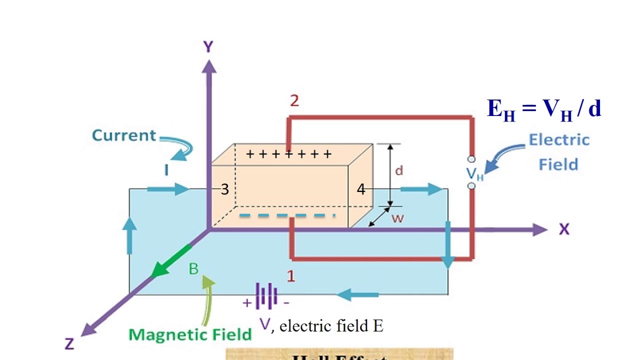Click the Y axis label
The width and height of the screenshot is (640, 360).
pyautogui.click(x=208, y=47)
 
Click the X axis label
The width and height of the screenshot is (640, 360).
pyautogui.click(x=564, y=229)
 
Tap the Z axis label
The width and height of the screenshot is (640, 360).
pyautogui.click(x=69, y=343)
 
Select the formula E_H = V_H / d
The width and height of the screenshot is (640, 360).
pyautogui.click(x=544, y=109)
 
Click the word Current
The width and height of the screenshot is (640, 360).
pyautogui.click(x=124, y=135)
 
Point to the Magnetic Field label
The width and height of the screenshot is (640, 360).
pyautogui.click(x=190, y=334)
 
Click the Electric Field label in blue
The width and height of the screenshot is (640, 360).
pyautogui.click(x=558, y=151)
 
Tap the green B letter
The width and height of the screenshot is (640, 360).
pyautogui.click(x=193, y=269)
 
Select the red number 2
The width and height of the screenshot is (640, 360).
pyautogui.click(x=294, y=101)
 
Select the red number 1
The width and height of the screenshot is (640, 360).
pyautogui.click(x=290, y=275)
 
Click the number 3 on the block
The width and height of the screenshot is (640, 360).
pyautogui.click(x=225, y=189)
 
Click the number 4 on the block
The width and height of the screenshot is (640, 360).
pyautogui.click(x=361, y=189)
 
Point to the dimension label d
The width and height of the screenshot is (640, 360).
pyautogui.click(x=398, y=171)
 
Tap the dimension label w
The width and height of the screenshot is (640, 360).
pyautogui.click(x=397, y=218)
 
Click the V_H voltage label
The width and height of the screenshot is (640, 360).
pyautogui.click(x=474, y=173)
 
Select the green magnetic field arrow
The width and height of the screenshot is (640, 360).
pyautogui.click(x=170, y=260)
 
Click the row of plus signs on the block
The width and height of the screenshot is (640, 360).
pyautogui.click(x=289, y=154)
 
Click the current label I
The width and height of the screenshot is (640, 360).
pyautogui.click(x=166, y=171)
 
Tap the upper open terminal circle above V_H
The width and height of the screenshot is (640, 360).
pyautogui.click(x=471, y=159)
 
